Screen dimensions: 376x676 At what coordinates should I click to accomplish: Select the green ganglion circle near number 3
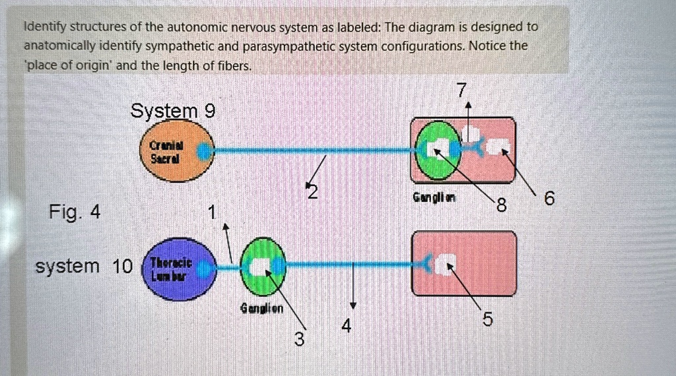point(261,267)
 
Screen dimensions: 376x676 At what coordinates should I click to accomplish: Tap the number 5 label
point(487,321)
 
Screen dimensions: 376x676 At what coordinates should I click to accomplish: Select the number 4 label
point(347,326)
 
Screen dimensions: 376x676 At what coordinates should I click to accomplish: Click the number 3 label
point(300,340)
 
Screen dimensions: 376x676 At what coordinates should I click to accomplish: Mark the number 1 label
point(211,212)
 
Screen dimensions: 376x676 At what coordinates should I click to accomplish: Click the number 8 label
point(502,206)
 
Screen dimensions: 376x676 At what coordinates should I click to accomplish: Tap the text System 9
point(172,111)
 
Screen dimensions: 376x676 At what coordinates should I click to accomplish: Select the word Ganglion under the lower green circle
point(262,308)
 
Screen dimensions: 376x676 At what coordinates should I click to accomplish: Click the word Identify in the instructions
point(45,27)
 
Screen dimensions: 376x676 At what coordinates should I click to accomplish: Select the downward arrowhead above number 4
point(353,306)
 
